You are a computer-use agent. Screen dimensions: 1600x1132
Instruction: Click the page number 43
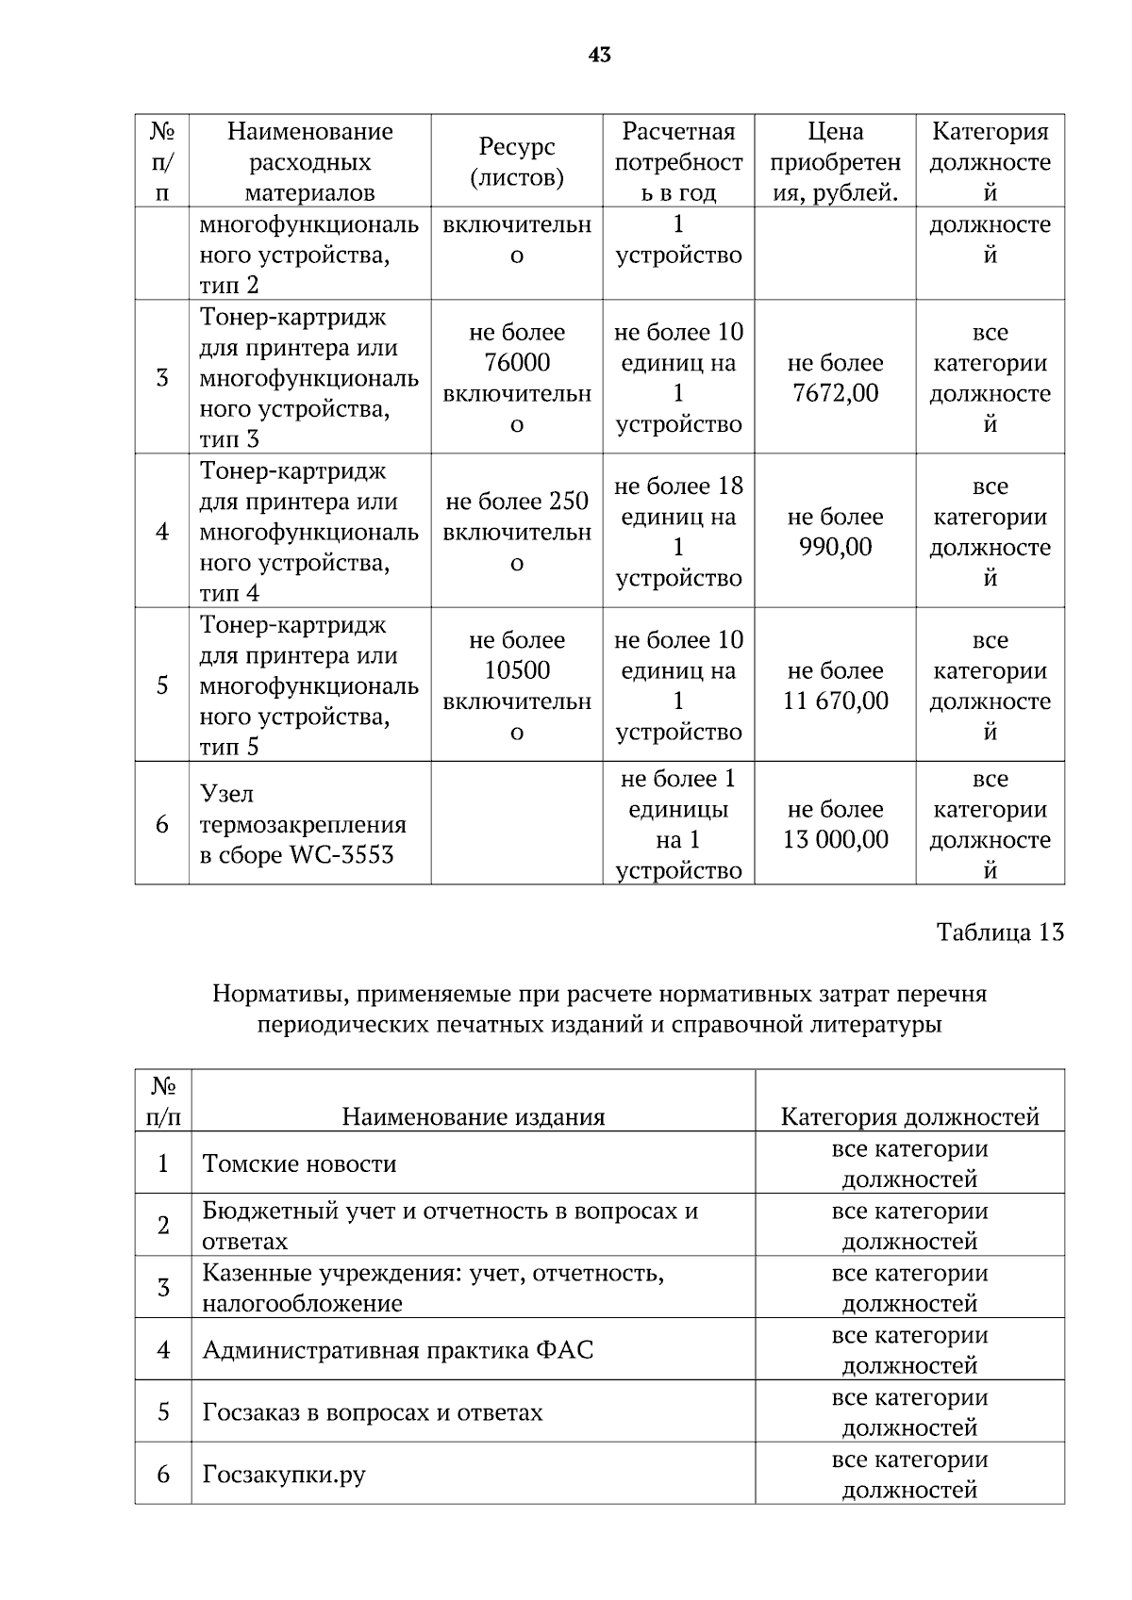599,56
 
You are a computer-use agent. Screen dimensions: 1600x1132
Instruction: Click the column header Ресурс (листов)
516,161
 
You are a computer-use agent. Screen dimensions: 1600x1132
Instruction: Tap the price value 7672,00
835,393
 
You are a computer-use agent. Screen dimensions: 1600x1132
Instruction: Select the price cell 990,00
835,547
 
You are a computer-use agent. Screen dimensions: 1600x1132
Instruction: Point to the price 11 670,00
835,701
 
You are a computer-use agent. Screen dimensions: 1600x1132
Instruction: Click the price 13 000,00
835,839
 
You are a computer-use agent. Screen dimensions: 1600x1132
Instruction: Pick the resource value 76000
516,363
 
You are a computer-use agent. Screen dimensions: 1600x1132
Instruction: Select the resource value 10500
516,670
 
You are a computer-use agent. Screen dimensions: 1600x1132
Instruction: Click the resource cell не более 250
516,502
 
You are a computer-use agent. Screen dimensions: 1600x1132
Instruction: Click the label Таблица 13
999,932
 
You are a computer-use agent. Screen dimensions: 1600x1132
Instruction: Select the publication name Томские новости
299,1163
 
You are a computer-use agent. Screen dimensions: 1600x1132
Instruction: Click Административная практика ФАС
397,1350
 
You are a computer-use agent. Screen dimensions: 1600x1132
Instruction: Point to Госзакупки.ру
283,1475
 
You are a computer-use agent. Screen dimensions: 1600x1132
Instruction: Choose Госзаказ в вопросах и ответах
372,1412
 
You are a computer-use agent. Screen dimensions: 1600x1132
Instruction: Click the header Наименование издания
473,1117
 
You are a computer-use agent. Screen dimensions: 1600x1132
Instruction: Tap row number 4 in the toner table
162,532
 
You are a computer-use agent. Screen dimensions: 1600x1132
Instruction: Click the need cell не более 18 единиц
677,502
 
